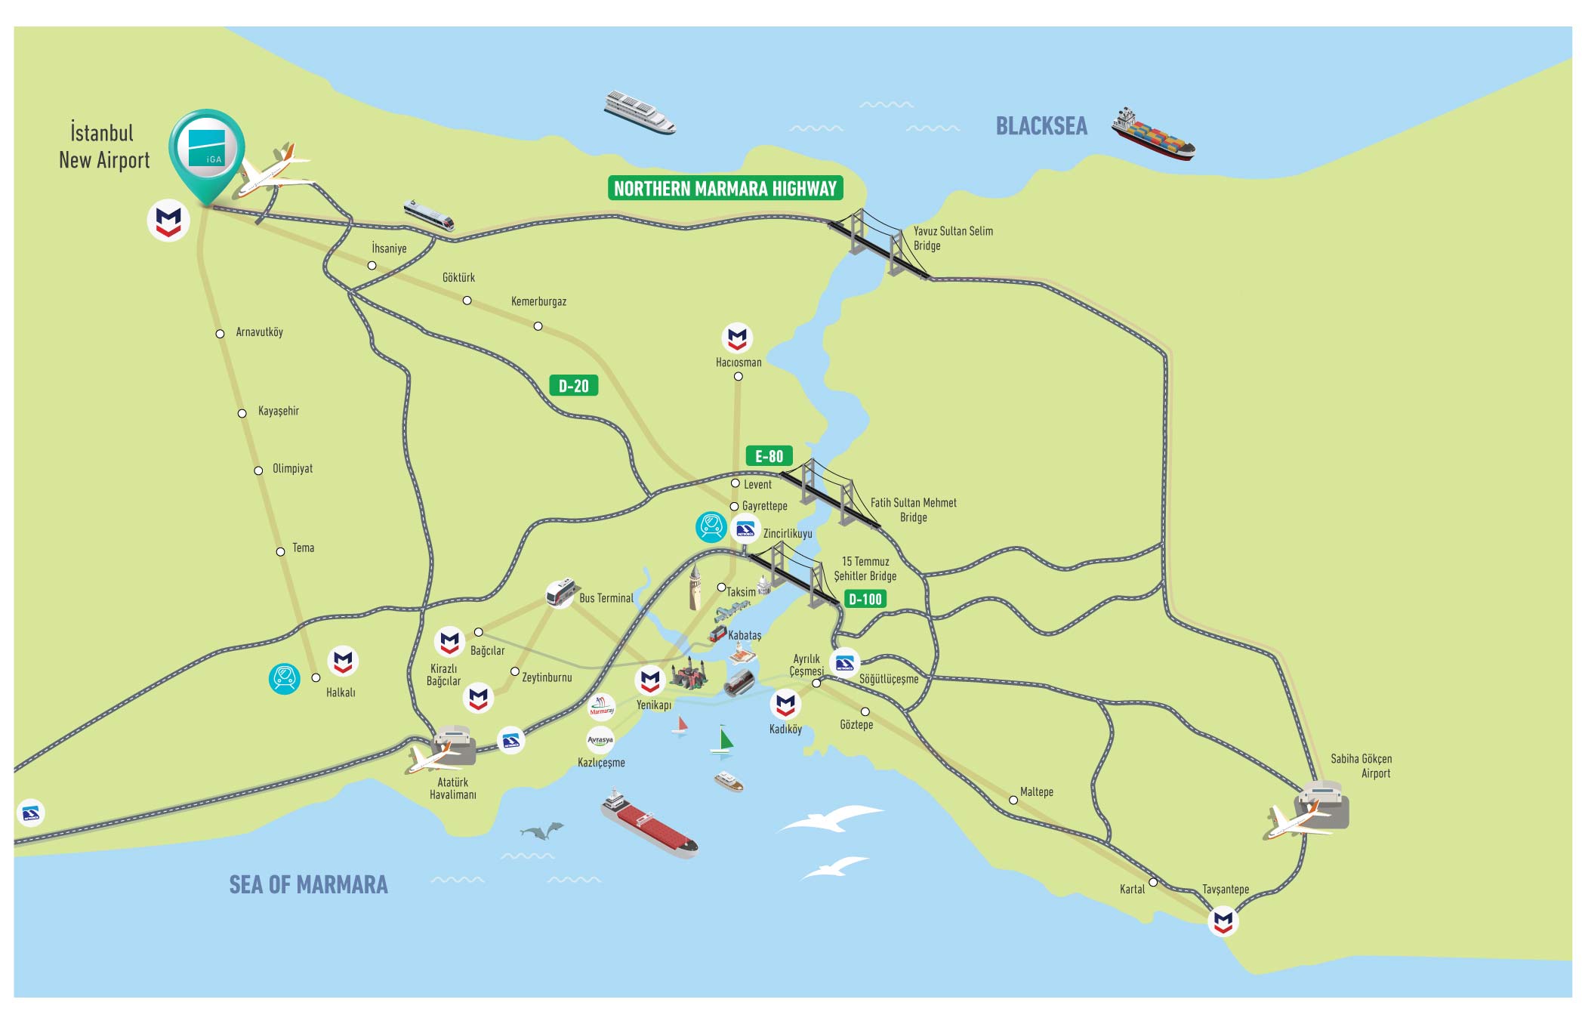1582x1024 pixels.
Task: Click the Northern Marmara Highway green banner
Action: [x=725, y=188]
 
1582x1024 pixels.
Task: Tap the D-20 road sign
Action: [x=573, y=386]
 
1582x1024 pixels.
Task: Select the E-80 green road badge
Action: [x=769, y=456]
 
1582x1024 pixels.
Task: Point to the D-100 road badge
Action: [x=865, y=600]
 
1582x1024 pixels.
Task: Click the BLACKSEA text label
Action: [x=1041, y=126]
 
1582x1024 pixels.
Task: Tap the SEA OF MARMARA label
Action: [x=308, y=885]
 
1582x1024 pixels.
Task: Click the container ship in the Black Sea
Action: [x=1153, y=135]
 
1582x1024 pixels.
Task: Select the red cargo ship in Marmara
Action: [x=649, y=824]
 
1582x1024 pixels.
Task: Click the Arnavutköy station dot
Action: [x=220, y=334]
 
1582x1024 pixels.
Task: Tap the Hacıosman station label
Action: [x=739, y=362]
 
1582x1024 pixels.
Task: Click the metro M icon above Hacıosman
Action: [x=737, y=338]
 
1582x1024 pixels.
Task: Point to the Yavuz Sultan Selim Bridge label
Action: [x=952, y=238]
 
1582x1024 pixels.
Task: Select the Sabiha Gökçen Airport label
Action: [x=1361, y=766]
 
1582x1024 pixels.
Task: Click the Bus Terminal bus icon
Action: [x=560, y=593]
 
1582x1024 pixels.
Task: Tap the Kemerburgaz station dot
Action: [x=538, y=326]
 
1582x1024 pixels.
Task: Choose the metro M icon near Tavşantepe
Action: [x=1223, y=921]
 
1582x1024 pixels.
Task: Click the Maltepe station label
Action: [x=1036, y=792]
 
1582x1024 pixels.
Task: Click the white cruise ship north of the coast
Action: [x=639, y=113]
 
